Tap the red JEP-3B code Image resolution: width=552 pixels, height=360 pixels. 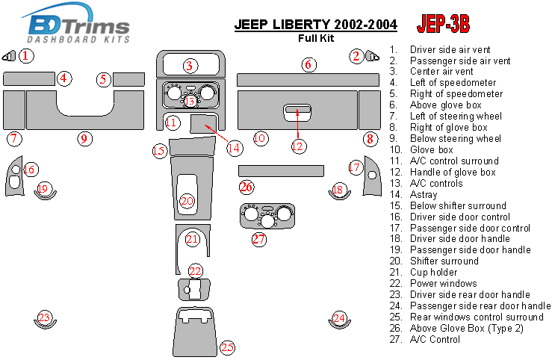click(443, 25)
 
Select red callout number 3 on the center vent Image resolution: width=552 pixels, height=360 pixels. click(190, 66)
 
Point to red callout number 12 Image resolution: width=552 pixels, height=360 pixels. click(298, 146)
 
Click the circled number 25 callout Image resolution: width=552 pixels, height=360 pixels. click(227, 347)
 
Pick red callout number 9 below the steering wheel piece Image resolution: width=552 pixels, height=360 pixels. click(84, 138)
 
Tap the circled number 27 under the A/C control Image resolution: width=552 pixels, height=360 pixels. click(258, 240)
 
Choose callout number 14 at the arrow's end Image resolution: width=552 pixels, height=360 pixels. click(235, 147)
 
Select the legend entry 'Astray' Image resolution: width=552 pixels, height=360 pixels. click(424, 194)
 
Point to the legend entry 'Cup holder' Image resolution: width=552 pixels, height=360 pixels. click(433, 273)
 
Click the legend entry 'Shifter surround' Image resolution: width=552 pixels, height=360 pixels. click(444, 261)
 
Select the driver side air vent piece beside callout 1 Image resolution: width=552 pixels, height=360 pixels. click(9, 55)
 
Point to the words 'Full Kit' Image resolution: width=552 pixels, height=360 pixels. click(317, 37)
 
